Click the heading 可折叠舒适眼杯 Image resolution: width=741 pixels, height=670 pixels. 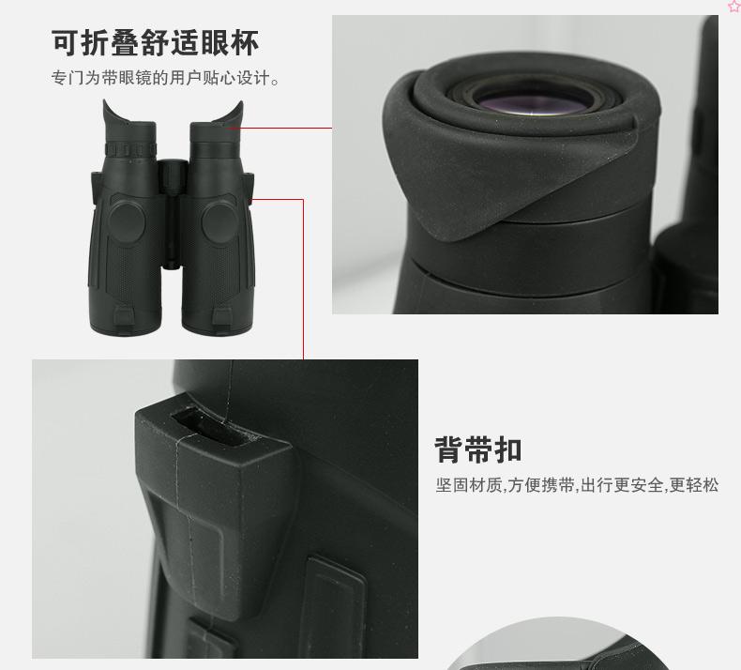tap(155, 42)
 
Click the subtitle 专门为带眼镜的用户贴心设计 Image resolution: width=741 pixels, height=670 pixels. tap(165, 78)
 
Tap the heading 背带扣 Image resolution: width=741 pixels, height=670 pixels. tap(478, 449)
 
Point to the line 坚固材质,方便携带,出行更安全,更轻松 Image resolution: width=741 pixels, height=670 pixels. tap(577, 485)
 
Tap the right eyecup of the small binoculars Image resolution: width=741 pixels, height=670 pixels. tap(218, 121)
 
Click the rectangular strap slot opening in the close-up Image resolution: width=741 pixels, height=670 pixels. tap(213, 428)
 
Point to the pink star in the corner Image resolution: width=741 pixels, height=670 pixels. tap(733, 6)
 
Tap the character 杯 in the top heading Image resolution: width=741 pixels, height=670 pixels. tap(245, 42)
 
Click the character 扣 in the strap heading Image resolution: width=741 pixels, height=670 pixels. tap(508, 449)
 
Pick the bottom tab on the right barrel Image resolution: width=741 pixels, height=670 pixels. tap(221, 317)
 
